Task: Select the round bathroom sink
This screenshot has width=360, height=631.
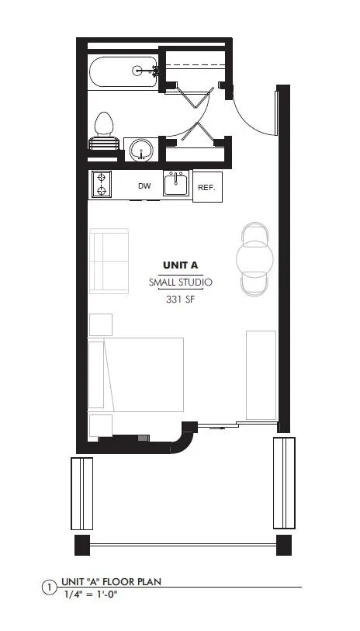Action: pyautogui.click(x=140, y=150)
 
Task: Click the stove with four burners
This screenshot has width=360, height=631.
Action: pyautogui.click(x=102, y=185)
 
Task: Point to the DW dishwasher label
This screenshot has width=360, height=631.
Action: pyautogui.click(x=144, y=186)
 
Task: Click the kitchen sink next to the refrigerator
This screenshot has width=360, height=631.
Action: pyautogui.click(x=177, y=185)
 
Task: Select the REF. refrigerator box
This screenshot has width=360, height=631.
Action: pyautogui.click(x=207, y=187)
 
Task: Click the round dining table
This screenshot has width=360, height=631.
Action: pyautogui.click(x=254, y=258)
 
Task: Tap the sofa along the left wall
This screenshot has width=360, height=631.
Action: pyautogui.click(x=108, y=261)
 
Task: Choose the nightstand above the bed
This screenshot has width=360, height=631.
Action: pyautogui.click(x=101, y=324)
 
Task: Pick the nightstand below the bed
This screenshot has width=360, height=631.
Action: pyautogui.click(x=101, y=426)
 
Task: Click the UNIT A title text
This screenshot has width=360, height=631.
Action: pyautogui.click(x=180, y=265)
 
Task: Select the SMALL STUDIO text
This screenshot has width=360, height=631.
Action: pyautogui.click(x=180, y=283)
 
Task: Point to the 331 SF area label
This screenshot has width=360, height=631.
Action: pyautogui.click(x=180, y=300)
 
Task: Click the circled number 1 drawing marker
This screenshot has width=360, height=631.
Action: pyautogui.click(x=49, y=588)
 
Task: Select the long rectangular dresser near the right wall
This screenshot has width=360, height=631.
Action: pyautogui.click(x=261, y=375)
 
